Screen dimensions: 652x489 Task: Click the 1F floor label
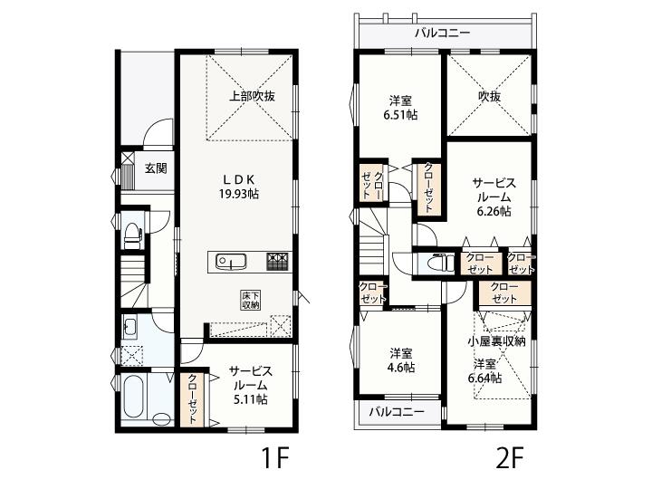click(275, 458)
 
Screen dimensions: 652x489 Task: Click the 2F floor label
click(509, 458)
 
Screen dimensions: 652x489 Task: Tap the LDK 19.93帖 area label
click(239, 187)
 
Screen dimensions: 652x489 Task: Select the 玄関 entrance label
click(156, 168)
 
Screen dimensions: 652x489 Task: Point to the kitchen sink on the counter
click(230, 262)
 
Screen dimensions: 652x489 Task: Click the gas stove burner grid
click(277, 262)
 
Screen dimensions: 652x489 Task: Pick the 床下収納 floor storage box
click(251, 301)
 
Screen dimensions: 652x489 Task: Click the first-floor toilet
click(133, 235)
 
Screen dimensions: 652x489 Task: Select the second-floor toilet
click(443, 263)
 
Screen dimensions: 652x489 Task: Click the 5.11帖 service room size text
click(250, 399)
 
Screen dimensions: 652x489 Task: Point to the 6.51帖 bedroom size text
click(400, 115)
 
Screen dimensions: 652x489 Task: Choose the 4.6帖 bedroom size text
click(401, 368)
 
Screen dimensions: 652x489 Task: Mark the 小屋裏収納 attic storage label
click(496, 341)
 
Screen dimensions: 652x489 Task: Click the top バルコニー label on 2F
click(443, 33)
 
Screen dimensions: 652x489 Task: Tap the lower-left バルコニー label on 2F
click(398, 412)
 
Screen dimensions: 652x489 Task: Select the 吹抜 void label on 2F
click(489, 96)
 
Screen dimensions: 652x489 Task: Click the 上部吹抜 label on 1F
click(253, 96)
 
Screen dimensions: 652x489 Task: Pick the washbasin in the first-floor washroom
click(129, 327)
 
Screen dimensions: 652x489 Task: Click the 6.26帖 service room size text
click(494, 211)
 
